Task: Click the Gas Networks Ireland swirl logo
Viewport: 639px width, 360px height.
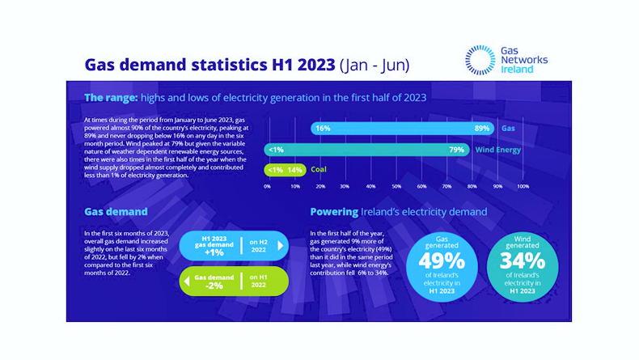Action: pos(481,59)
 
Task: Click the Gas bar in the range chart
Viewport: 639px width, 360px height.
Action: pos(404,129)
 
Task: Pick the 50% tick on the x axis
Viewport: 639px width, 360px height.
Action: pos(396,186)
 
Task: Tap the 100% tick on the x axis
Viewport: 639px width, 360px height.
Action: pos(523,186)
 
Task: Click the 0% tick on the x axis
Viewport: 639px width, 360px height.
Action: pos(268,186)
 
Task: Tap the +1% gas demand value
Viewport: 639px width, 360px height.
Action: pos(214,252)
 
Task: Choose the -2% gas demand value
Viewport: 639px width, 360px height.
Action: pos(214,285)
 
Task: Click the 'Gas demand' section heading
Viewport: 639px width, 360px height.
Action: pos(116,212)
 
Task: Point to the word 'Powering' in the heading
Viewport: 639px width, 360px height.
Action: pos(334,212)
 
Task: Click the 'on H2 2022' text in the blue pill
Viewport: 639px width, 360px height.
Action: pos(258,246)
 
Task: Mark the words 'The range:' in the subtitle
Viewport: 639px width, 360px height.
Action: pos(110,97)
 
